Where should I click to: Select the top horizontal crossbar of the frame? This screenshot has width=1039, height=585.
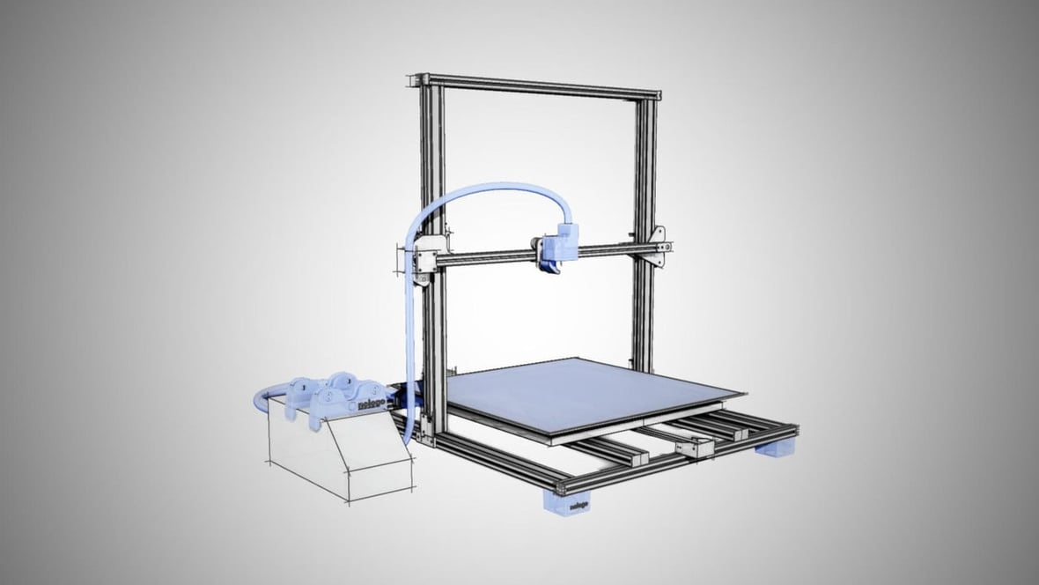pos(542,85)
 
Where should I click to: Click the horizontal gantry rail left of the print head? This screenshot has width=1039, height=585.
pos(484,256)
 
